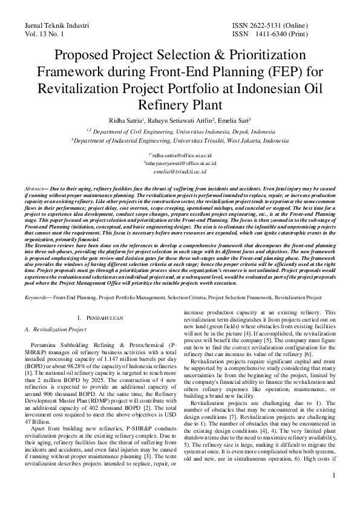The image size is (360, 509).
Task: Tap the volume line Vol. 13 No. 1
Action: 45,35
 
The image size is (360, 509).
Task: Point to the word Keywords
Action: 37,298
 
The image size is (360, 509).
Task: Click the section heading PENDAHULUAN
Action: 106,317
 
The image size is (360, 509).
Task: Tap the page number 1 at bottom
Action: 333,492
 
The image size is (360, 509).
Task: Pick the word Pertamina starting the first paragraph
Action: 47,343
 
